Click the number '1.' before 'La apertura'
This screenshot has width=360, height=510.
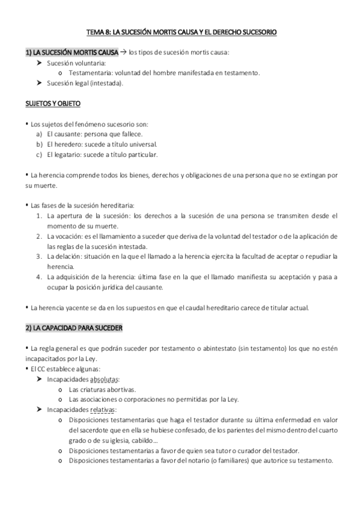coord(38,215)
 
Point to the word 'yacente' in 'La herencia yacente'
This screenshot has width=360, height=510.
coord(70,308)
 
